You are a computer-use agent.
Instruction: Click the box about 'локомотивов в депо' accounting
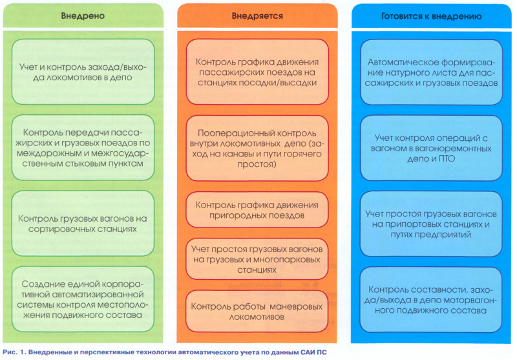(x=83, y=71)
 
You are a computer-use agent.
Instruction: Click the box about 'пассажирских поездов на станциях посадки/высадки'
(x=257, y=71)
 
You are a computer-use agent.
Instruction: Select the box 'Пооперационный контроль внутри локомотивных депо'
(x=257, y=147)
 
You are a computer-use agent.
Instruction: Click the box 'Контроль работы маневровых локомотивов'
(x=257, y=309)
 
